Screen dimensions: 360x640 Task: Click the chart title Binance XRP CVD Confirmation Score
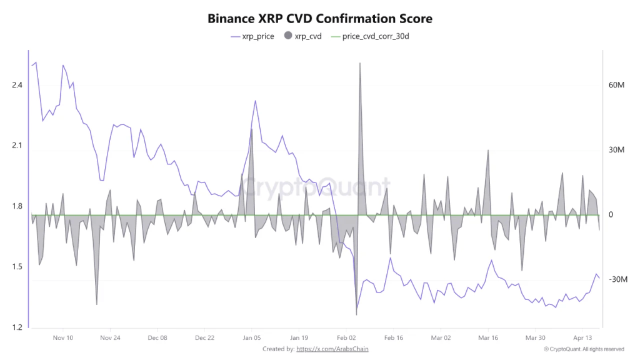tap(319, 19)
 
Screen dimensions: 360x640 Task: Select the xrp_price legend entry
tap(252, 37)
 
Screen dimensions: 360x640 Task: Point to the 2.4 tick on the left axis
tap(17, 85)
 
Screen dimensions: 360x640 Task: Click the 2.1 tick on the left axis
tap(17, 146)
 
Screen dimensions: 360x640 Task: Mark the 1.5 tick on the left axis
tap(17, 267)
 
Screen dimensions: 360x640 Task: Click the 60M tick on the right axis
tap(617, 85)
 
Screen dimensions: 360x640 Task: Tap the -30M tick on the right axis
tap(617, 279)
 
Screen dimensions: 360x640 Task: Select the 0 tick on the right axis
tap(611, 215)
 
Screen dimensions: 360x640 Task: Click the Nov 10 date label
tap(62, 337)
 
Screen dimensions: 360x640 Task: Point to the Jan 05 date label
tap(252, 337)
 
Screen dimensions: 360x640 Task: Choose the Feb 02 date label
tap(346, 337)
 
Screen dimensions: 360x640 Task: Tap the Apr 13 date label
tap(582, 337)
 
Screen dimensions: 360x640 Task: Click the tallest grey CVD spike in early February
tap(360, 64)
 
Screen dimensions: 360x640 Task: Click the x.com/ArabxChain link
tap(332, 349)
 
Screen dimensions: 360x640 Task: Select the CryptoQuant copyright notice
tap(584, 349)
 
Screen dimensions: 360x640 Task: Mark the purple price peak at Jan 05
tap(255, 101)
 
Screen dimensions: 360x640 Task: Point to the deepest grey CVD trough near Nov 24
tap(96, 304)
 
